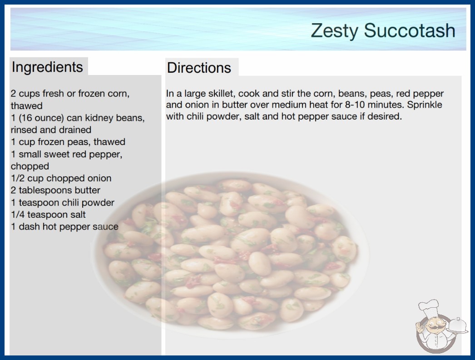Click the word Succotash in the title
[410, 30]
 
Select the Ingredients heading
[47, 67]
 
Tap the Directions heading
[199, 68]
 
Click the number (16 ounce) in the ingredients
[41, 118]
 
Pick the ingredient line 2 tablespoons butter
[55, 190]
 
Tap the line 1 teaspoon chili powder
[63, 203]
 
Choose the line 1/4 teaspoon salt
[48, 215]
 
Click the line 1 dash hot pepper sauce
[64, 226]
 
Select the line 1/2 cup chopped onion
[61, 178]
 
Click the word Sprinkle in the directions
[425, 105]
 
